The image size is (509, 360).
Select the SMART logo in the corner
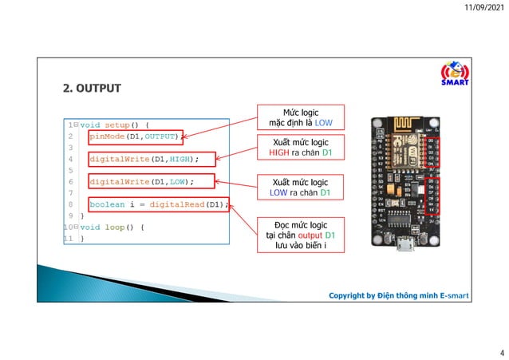[454, 73]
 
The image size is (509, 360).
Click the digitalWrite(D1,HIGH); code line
[143, 159]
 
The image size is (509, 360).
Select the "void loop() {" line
[111, 227]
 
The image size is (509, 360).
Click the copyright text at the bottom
[399, 295]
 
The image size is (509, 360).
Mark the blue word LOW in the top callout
[324, 124]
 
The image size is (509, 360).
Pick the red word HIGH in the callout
[279, 152]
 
